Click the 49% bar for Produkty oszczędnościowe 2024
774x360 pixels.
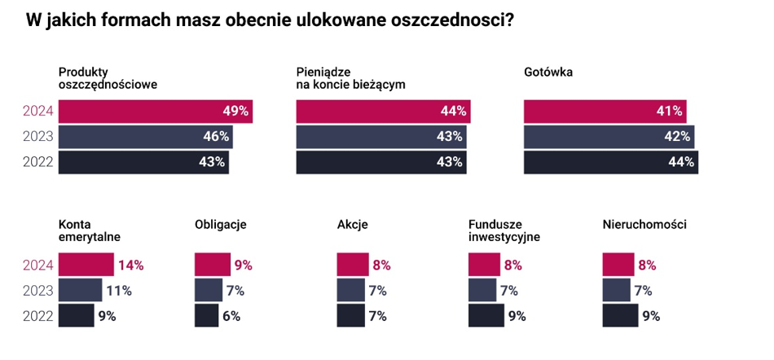pyautogui.click(x=155, y=112)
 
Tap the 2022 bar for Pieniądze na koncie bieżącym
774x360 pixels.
pyautogui.click(x=381, y=162)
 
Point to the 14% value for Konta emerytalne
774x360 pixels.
pyautogui.click(x=131, y=265)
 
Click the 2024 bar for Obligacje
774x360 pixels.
pyautogui.click(x=213, y=265)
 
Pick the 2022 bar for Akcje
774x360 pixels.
pyautogui.click(x=350, y=316)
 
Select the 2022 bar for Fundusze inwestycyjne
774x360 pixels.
pyautogui.click(x=486, y=316)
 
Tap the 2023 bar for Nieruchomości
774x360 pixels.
pyautogui.click(x=616, y=290)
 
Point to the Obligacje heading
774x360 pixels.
pyautogui.click(x=220, y=224)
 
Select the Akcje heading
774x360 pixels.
pyautogui.click(x=352, y=224)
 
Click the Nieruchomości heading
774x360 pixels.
pyautogui.click(x=644, y=224)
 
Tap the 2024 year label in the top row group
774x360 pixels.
pyautogui.click(x=37, y=112)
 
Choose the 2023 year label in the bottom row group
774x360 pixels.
pyautogui.click(x=37, y=290)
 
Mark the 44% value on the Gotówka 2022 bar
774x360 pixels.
pyautogui.click(x=680, y=162)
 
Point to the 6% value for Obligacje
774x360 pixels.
pyautogui.click(x=231, y=316)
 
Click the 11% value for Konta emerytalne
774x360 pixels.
pyautogui.click(x=119, y=290)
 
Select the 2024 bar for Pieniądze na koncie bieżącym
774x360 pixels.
pyautogui.click(x=383, y=112)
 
